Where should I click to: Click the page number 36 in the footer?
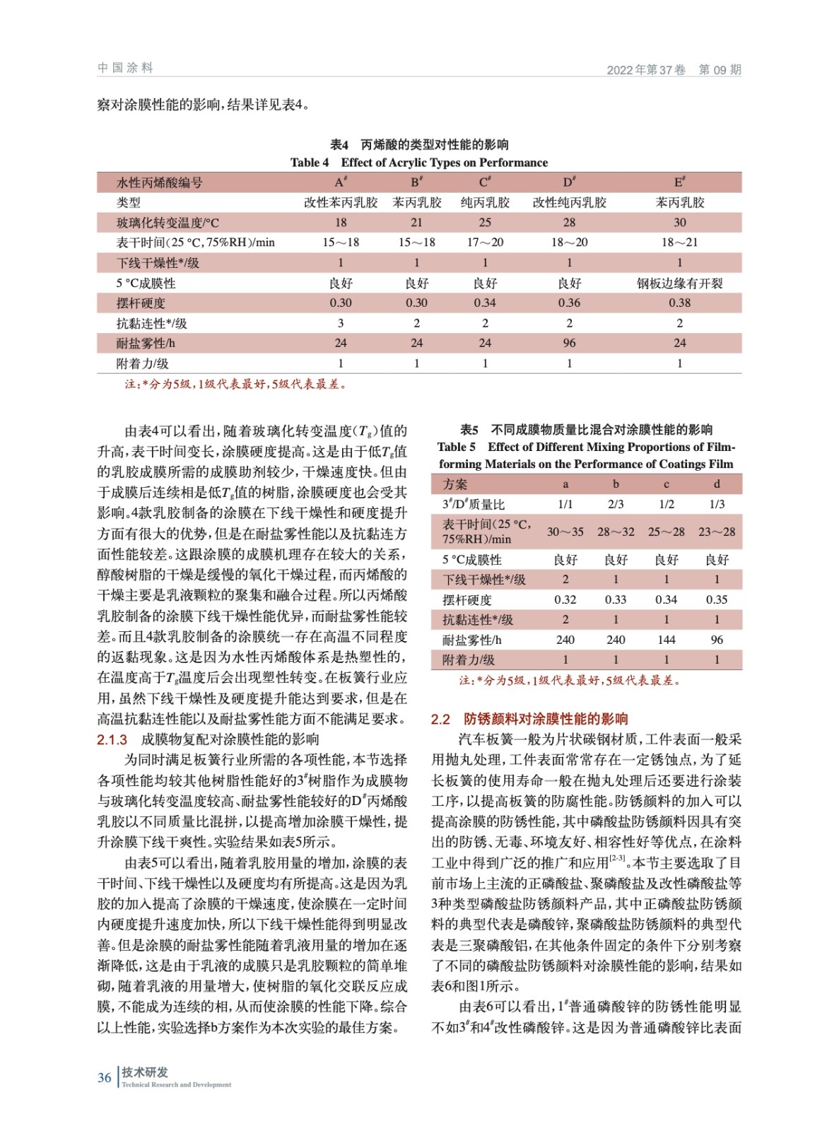click(x=105, y=1077)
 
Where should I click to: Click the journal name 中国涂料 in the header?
click(x=125, y=68)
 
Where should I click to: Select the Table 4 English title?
click(x=419, y=163)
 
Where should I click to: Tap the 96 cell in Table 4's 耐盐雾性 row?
click(x=569, y=343)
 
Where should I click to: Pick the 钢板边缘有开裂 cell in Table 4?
click(x=679, y=283)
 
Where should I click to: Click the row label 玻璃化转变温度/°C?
click(x=168, y=223)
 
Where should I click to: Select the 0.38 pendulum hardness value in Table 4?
click(x=679, y=303)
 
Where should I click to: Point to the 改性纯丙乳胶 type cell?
click(x=569, y=203)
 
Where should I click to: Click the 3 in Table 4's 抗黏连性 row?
click(x=341, y=323)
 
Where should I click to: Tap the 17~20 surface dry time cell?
click(x=485, y=242)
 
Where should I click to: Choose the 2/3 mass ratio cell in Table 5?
click(x=616, y=504)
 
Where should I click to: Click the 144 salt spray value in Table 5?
click(x=666, y=640)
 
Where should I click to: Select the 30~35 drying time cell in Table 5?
click(x=565, y=532)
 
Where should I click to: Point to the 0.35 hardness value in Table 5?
click(x=717, y=599)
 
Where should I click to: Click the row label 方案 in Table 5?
click(x=455, y=484)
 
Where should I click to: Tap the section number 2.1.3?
click(x=112, y=739)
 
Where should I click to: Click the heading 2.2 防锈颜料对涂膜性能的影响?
click(x=529, y=719)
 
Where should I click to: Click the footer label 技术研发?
click(x=145, y=1072)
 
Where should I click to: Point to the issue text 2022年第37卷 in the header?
click(x=646, y=69)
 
